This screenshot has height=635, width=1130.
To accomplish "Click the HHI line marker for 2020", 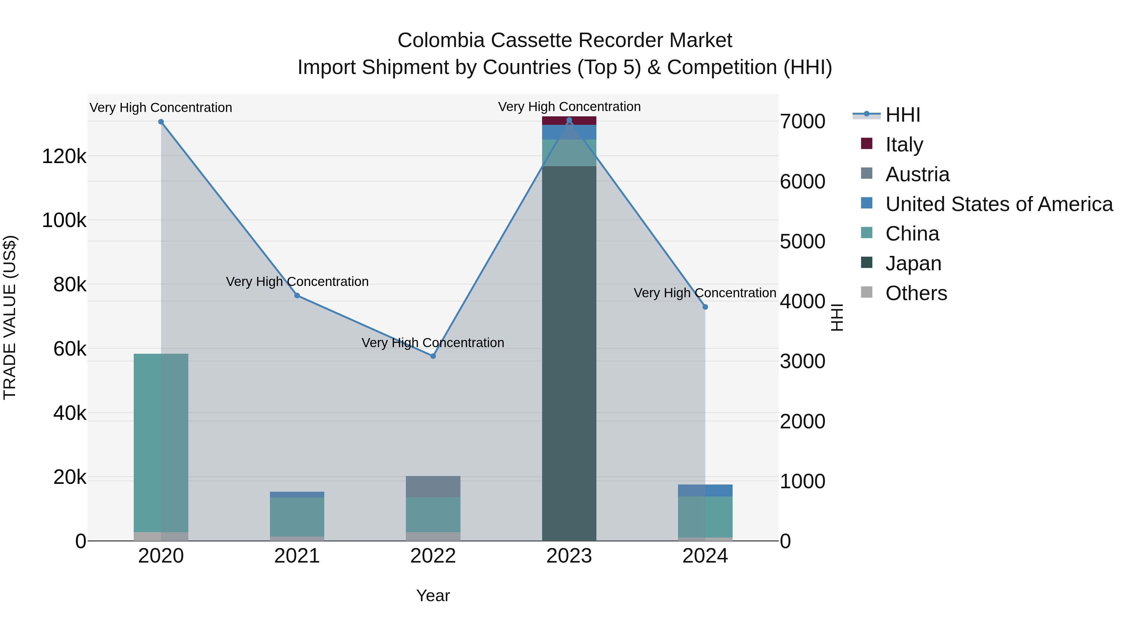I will coord(161,122).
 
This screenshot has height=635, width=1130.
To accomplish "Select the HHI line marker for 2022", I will coord(433,356).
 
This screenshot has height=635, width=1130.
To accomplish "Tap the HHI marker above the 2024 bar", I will coord(705,307).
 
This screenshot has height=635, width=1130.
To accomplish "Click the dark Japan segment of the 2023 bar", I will coord(569,351).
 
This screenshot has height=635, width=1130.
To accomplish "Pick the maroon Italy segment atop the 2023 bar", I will coord(569,120).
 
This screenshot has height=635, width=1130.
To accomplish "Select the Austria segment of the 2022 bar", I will coord(433,486).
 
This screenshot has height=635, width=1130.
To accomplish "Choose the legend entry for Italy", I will coord(904,144).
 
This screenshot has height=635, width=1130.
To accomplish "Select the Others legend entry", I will coord(916,293).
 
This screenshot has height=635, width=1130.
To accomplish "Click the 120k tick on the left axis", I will coord(64,156).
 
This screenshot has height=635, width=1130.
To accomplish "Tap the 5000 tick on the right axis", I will coord(802,241).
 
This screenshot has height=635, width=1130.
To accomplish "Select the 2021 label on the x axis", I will coord(297,556).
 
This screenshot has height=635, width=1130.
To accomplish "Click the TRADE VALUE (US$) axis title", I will coord(10,317).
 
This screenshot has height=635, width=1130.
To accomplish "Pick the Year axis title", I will coord(433,595).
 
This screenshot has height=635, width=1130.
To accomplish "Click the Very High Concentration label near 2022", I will coord(433,343).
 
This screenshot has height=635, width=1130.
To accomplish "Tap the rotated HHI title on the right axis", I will coord(837,317).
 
